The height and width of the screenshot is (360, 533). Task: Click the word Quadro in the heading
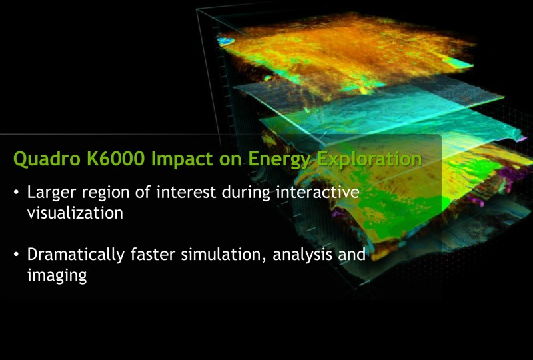pos(41,159)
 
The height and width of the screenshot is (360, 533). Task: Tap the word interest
pos(183,193)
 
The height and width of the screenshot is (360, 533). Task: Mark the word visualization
pos(75,213)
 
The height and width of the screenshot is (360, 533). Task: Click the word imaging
pos(57,275)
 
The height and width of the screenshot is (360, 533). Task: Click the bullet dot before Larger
pos(17,193)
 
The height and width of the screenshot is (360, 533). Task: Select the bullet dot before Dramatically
pos(17,255)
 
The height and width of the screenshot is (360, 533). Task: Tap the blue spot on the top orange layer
pos(227,42)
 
